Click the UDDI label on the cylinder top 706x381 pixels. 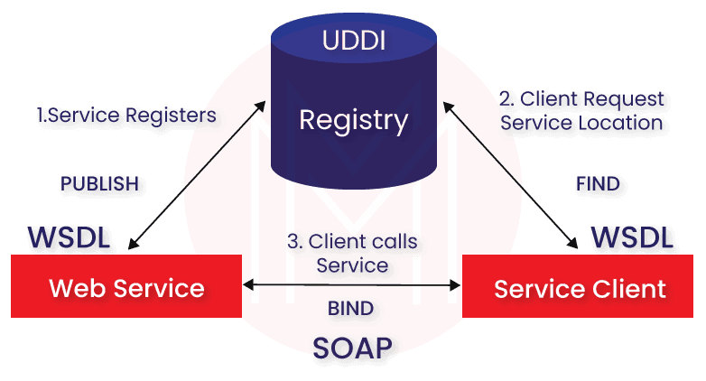pos(352,42)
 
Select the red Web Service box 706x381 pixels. pos(126,288)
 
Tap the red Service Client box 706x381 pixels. pos(580,289)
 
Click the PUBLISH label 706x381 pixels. pos(99,183)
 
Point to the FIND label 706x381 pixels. pos(598,184)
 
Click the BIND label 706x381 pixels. pos(351,310)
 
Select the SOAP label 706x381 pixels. pos(352,348)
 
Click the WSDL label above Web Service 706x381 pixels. pos(70,238)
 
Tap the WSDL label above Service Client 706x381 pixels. pos(632,238)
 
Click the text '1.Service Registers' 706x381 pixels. pos(126,116)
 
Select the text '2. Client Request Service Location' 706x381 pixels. pos(582,111)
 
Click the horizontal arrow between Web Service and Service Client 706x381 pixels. pos(353,286)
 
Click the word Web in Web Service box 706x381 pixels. pos(73,288)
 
